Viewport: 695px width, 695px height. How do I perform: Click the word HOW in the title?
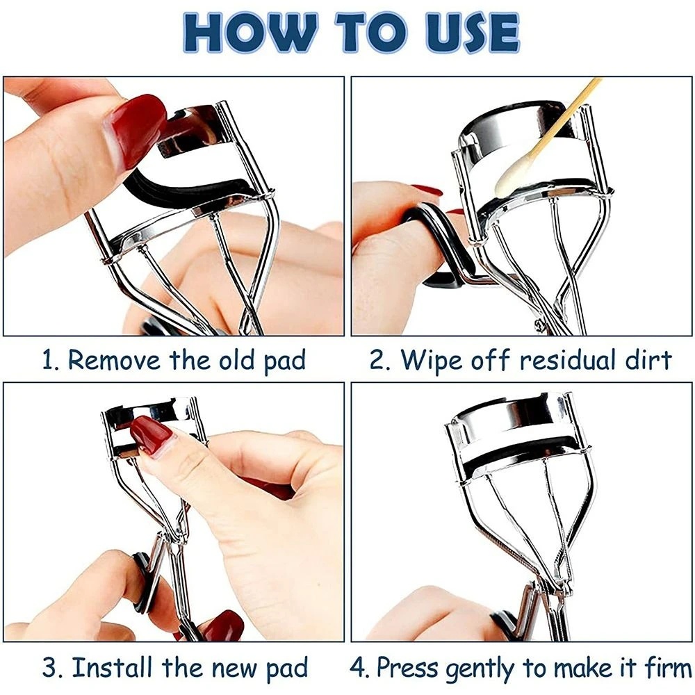click(x=251, y=33)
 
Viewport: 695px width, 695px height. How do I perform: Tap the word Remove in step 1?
click(x=114, y=359)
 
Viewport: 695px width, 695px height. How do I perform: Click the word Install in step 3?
click(x=113, y=667)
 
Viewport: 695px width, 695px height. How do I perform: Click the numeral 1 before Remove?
click(x=49, y=360)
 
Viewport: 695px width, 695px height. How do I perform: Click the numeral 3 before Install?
click(x=49, y=667)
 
